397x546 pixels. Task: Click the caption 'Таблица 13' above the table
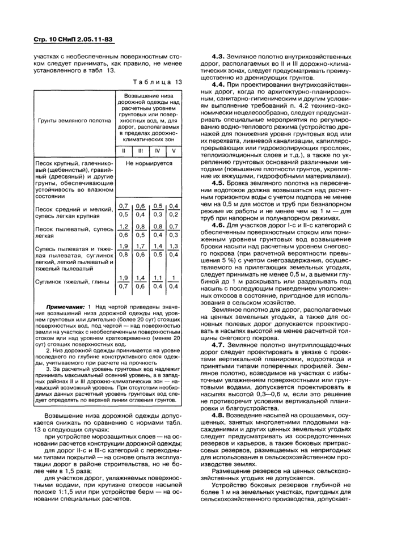pos(159,82)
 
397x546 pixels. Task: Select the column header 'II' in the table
pos(124,151)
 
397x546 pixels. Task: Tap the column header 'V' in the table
pos(174,151)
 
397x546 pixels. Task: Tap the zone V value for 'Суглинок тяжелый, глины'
pos(174,282)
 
